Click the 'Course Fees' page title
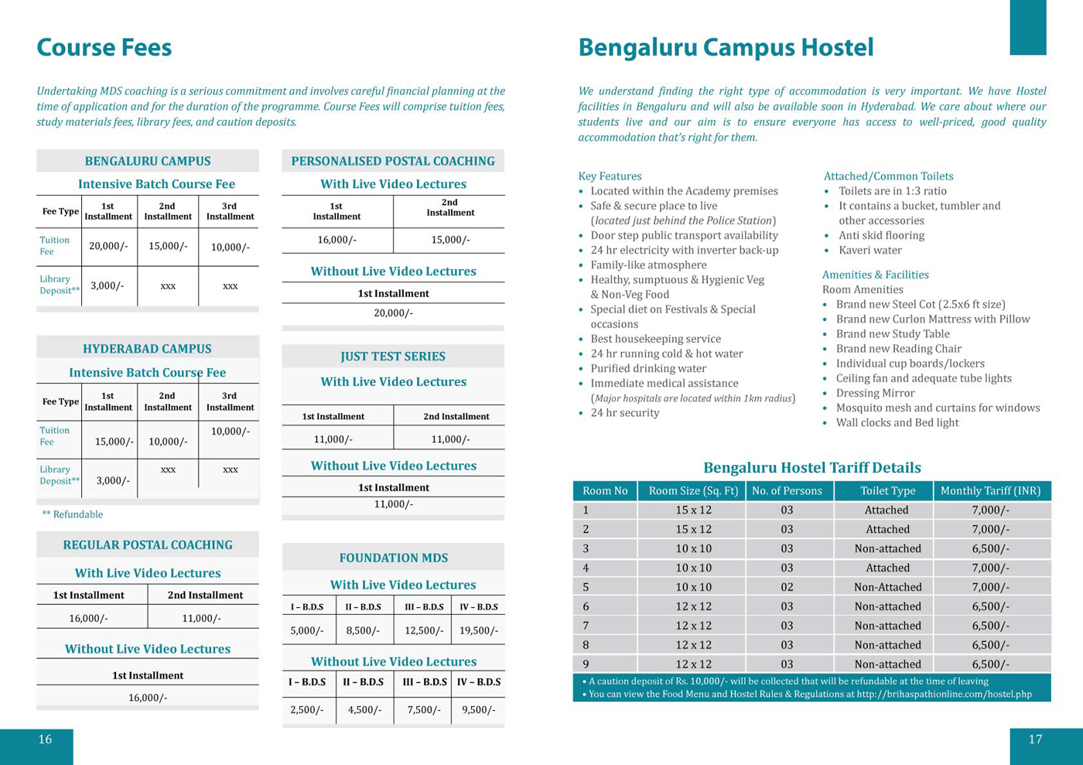pyautogui.click(x=104, y=48)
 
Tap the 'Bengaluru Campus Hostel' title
pyautogui.click(x=726, y=48)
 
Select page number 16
pyautogui.click(x=45, y=739)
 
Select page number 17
pyautogui.click(x=1035, y=739)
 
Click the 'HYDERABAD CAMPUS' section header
pyautogui.click(x=147, y=349)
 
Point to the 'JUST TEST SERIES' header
pyautogui.click(x=393, y=357)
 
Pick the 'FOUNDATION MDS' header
pyautogui.click(x=393, y=558)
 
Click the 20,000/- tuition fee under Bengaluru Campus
pyautogui.click(x=108, y=246)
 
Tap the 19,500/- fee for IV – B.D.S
pyautogui.click(x=478, y=630)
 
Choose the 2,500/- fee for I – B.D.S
pyautogui.click(x=307, y=709)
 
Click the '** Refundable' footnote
pyautogui.click(x=72, y=514)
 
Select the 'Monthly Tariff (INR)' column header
pyautogui.click(x=990, y=490)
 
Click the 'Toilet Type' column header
pyautogui.click(x=887, y=490)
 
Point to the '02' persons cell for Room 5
pyautogui.click(x=787, y=587)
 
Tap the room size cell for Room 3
pyautogui.click(x=693, y=548)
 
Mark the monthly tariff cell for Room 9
pyautogui.click(x=990, y=664)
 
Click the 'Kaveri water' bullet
pyautogui.click(x=870, y=250)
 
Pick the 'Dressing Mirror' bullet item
pyautogui.click(x=875, y=393)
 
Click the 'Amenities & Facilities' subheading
pyautogui.click(x=875, y=275)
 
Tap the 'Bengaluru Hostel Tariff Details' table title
pyautogui.click(x=811, y=468)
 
